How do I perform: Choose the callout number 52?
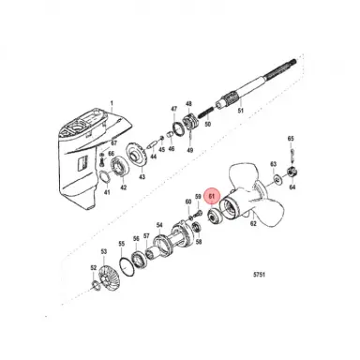coord(90,269)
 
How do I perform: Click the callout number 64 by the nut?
coord(292,187)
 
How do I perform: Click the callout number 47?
coord(172,110)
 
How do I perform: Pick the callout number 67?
coord(112,141)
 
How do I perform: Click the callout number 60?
coord(188,202)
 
